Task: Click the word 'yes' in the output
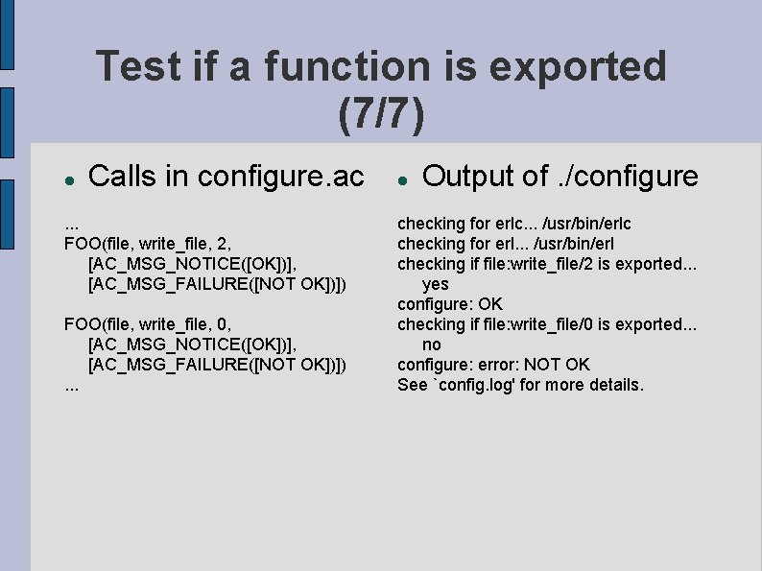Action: click(x=435, y=284)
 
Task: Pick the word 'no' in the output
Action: click(x=432, y=345)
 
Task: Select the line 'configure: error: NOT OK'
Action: click(x=493, y=365)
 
